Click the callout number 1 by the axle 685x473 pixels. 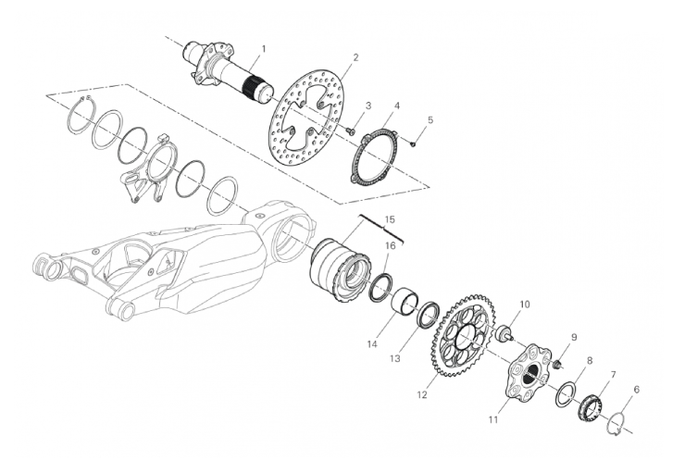263,47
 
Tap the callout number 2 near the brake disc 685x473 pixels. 355,57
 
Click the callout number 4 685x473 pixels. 397,106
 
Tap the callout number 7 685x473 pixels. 613,375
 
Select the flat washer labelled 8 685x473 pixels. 567,392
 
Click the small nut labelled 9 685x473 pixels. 557,364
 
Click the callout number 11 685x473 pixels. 493,419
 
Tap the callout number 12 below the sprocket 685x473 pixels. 421,395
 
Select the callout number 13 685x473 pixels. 395,358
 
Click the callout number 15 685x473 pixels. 389,218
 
